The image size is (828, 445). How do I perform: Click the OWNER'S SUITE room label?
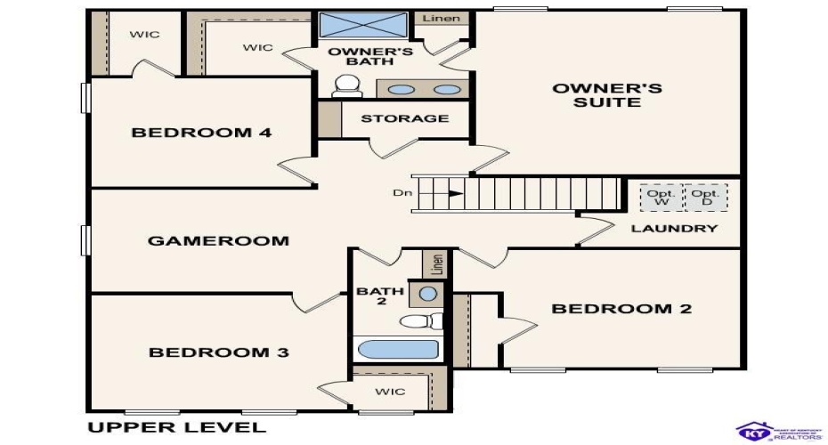point(607,94)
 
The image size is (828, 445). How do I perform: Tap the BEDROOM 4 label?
point(201,133)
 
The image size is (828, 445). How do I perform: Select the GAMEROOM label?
point(218,240)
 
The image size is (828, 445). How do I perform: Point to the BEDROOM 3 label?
point(218,352)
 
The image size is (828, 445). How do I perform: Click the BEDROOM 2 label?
point(621,309)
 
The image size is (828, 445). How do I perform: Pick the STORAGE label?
point(404,118)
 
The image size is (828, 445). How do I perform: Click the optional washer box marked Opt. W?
point(661,198)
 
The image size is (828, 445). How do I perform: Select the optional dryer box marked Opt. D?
point(705,198)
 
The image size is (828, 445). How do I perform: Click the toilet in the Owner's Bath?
point(345,86)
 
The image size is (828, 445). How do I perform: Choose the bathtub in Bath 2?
point(396,349)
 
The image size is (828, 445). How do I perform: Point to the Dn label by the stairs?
point(401,192)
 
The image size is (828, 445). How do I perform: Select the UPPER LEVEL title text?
point(176,427)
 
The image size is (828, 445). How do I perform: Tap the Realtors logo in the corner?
point(771,431)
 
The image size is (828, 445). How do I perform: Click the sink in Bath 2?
point(428,293)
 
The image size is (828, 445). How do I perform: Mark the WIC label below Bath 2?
point(390,392)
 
